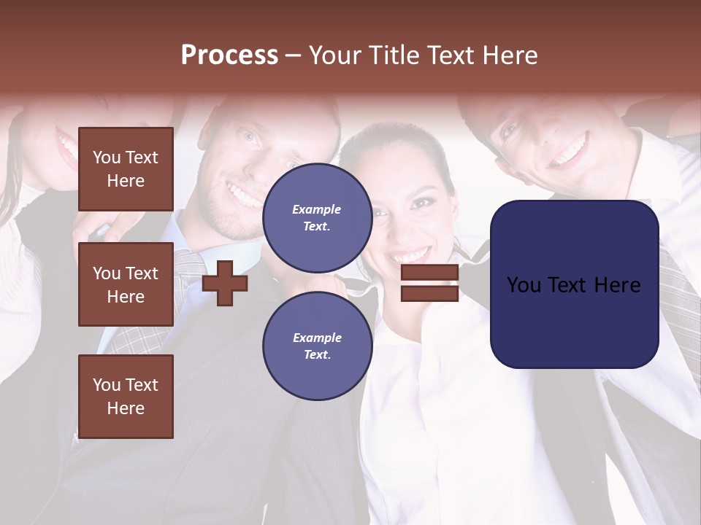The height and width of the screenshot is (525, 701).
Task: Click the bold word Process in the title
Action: [229, 55]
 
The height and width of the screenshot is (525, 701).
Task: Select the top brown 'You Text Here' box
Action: [126, 169]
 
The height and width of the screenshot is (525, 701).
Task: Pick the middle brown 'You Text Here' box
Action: [126, 284]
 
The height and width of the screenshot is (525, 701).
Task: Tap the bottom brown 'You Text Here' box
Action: [126, 397]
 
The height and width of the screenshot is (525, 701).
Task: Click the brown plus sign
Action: [225, 283]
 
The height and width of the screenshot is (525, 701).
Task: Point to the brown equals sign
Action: [429, 283]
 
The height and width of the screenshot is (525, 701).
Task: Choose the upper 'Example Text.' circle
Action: [317, 217]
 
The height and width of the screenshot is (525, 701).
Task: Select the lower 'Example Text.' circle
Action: [317, 346]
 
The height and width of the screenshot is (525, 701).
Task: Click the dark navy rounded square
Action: [574, 284]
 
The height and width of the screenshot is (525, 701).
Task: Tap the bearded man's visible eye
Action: [250, 136]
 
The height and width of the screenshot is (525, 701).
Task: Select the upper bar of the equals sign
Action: [429, 273]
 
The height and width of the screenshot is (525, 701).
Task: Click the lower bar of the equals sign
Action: [429, 293]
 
